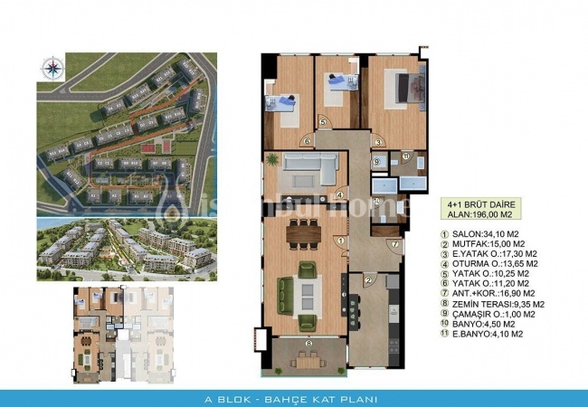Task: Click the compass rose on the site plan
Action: (50, 66)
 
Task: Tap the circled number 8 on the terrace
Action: (309, 344)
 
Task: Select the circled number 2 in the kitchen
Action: (369, 281)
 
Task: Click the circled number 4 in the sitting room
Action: (338, 194)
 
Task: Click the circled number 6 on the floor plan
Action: (307, 141)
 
